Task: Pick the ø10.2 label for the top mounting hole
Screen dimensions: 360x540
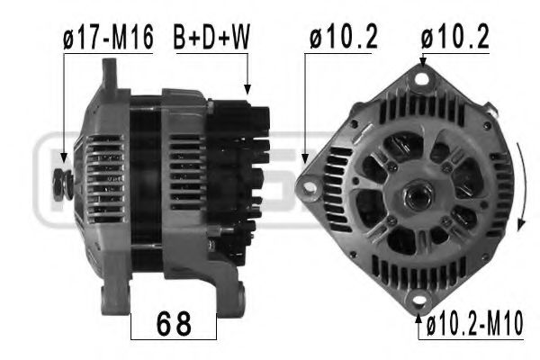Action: click(x=455, y=38)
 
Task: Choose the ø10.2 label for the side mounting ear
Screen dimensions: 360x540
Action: click(x=343, y=38)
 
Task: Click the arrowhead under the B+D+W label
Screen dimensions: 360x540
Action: click(x=247, y=88)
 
